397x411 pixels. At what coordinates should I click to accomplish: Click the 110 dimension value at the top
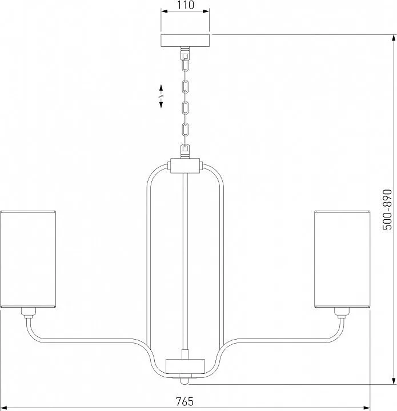(185, 5)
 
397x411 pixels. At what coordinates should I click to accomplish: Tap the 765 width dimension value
(185, 401)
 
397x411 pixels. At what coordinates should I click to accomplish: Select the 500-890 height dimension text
(387, 209)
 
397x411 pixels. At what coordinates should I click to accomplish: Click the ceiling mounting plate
(185, 41)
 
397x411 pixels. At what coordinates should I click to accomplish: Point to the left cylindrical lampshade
(28, 259)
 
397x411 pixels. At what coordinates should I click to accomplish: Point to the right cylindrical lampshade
(342, 259)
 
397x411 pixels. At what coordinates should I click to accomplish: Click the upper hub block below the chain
(185, 166)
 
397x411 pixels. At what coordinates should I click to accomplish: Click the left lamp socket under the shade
(29, 313)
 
